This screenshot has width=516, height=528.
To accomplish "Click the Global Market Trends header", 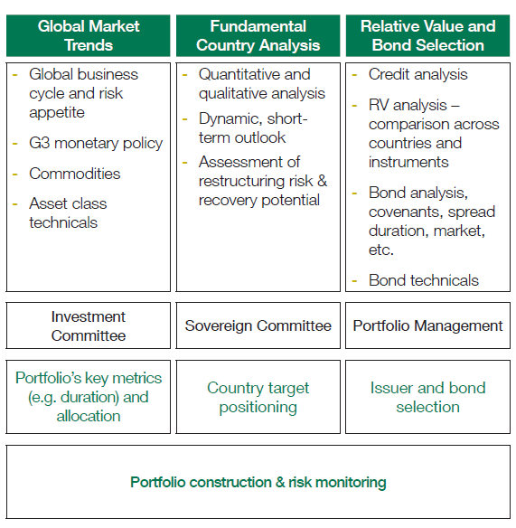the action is click(x=89, y=35).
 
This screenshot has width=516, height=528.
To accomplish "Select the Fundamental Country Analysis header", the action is click(x=258, y=35).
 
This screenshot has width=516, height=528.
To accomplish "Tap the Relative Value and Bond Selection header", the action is click(x=427, y=35).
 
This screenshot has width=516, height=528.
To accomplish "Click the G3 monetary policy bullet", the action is click(x=96, y=144).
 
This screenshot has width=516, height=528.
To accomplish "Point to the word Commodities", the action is click(x=75, y=174).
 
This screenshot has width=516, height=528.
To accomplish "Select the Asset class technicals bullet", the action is click(x=68, y=213).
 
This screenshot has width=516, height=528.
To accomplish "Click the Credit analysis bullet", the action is click(x=418, y=75).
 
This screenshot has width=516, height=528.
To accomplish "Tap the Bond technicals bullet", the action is click(x=424, y=280).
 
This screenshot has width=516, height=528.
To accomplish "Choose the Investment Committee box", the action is click(x=89, y=325).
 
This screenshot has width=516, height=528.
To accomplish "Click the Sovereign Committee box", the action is click(x=258, y=325).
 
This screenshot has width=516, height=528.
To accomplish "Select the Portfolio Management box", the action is click(x=427, y=325).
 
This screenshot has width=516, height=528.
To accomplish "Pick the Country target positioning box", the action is click(x=258, y=397).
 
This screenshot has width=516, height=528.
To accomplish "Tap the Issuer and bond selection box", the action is click(x=427, y=397).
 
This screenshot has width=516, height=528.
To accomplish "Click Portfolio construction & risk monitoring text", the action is click(x=258, y=482).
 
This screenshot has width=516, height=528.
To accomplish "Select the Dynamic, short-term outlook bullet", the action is click(x=253, y=128).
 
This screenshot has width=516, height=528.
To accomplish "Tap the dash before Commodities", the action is click(x=14, y=174).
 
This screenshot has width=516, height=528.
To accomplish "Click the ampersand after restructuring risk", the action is click(x=322, y=181).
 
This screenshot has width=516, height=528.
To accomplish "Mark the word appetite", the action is click(x=57, y=113).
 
